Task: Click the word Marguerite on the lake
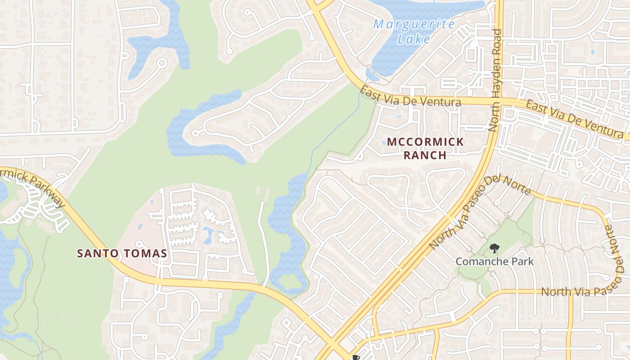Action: click(x=414, y=24)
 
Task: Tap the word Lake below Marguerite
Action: click(x=414, y=39)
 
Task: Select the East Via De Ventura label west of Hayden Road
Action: click(x=410, y=98)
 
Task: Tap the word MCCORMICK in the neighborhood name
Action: click(x=425, y=142)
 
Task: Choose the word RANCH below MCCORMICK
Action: click(x=425, y=155)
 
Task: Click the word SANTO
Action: click(x=96, y=253)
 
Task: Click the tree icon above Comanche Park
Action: click(x=494, y=248)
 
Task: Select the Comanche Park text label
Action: click(x=495, y=261)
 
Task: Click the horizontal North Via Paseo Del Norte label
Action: click(x=585, y=292)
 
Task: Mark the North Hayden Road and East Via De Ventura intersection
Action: click(x=494, y=101)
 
